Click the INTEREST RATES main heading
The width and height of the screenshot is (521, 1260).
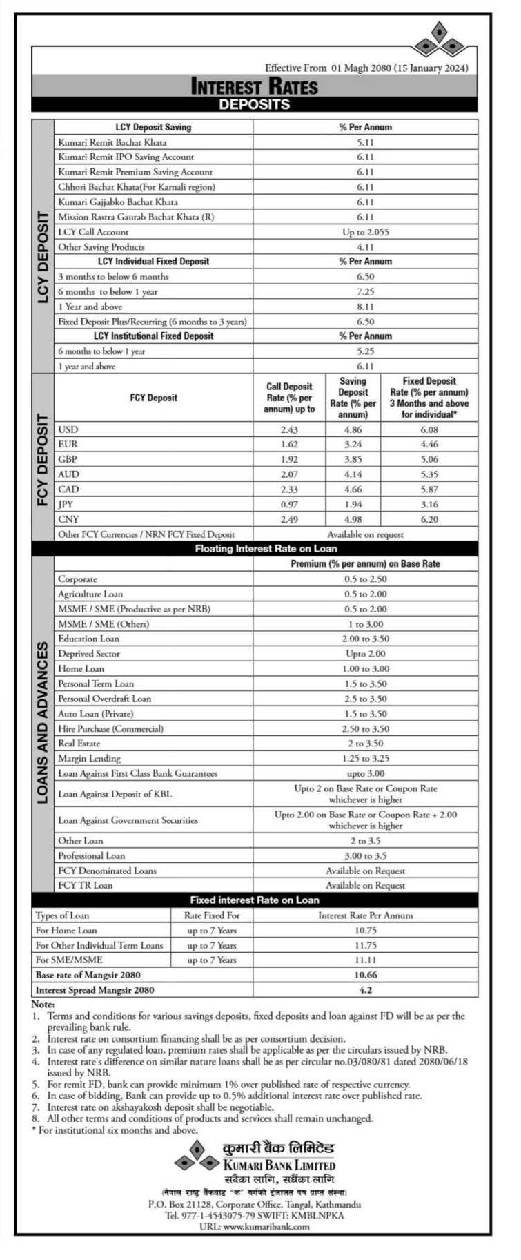[x=254, y=86]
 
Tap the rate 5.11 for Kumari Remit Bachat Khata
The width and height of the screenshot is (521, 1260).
[x=365, y=142]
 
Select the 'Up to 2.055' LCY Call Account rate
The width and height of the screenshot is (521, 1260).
[x=365, y=232]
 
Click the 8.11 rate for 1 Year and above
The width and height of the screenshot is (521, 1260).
[x=365, y=307]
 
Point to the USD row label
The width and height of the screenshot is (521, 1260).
[x=68, y=429]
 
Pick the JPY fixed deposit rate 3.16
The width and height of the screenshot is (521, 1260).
[x=429, y=505]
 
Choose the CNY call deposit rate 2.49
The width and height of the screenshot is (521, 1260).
[x=289, y=519]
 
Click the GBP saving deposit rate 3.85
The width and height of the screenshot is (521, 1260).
[x=353, y=459]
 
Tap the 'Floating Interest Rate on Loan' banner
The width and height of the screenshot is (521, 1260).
[x=266, y=549]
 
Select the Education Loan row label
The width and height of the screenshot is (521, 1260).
[x=88, y=639]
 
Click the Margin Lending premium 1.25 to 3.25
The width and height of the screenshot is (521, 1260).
[x=365, y=759]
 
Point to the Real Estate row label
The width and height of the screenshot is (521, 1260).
[x=79, y=744]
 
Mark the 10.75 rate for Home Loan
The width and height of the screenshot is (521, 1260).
[x=365, y=931]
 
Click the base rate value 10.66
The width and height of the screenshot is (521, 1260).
[x=365, y=975]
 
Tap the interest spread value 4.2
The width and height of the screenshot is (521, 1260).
[x=365, y=990]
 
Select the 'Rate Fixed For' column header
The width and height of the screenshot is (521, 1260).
[x=212, y=915]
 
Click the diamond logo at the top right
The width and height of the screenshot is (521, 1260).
[x=439, y=40]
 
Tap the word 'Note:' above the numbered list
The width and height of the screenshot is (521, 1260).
[x=43, y=1005]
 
